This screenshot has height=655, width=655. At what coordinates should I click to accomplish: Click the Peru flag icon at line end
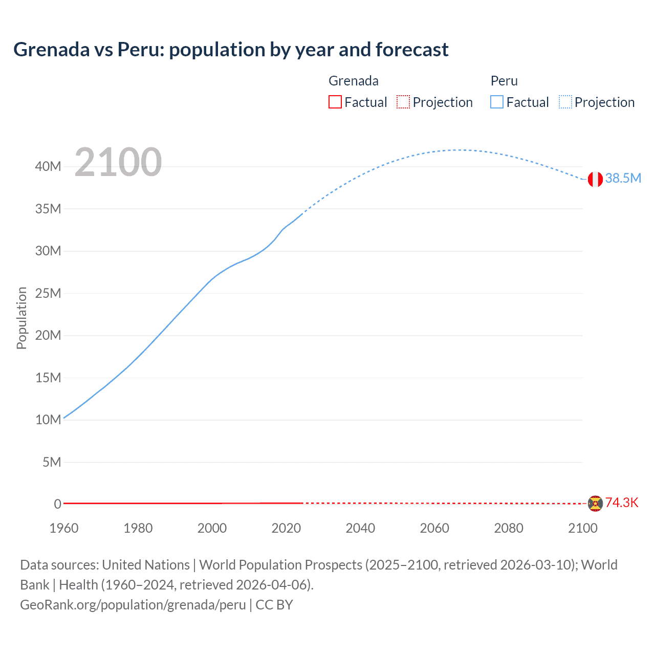click(x=595, y=179)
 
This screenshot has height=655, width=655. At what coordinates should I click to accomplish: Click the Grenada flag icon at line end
click(x=595, y=504)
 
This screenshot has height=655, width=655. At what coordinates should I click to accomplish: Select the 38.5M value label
click(x=623, y=178)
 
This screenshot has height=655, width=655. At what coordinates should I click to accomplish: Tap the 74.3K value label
click(x=622, y=503)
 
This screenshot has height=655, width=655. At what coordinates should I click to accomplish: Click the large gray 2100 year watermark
click(x=118, y=163)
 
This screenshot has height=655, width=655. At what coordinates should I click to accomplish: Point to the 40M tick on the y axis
click(x=49, y=166)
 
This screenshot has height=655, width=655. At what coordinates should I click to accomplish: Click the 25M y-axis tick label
click(x=49, y=293)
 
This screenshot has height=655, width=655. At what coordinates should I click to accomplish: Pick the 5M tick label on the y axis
click(x=52, y=462)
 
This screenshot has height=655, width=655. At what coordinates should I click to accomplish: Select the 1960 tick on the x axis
click(x=64, y=528)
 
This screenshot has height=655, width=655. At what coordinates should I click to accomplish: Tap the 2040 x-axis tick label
click(x=360, y=528)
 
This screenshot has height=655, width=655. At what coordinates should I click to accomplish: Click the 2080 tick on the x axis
click(x=509, y=528)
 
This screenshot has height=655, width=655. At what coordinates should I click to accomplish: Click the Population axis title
click(x=21, y=318)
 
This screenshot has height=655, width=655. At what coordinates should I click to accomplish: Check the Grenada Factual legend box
click(x=335, y=102)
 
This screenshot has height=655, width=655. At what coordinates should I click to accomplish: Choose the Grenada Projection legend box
click(x=403, y=102)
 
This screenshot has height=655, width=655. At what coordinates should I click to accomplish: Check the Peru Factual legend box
click(x=497, y=102)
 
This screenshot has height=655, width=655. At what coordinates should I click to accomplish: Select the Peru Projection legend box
click(x=565, y=102)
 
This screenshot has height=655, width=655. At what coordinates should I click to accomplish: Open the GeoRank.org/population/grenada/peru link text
click(x=133, y=605)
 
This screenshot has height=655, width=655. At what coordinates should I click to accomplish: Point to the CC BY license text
click(x=274, y=605)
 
